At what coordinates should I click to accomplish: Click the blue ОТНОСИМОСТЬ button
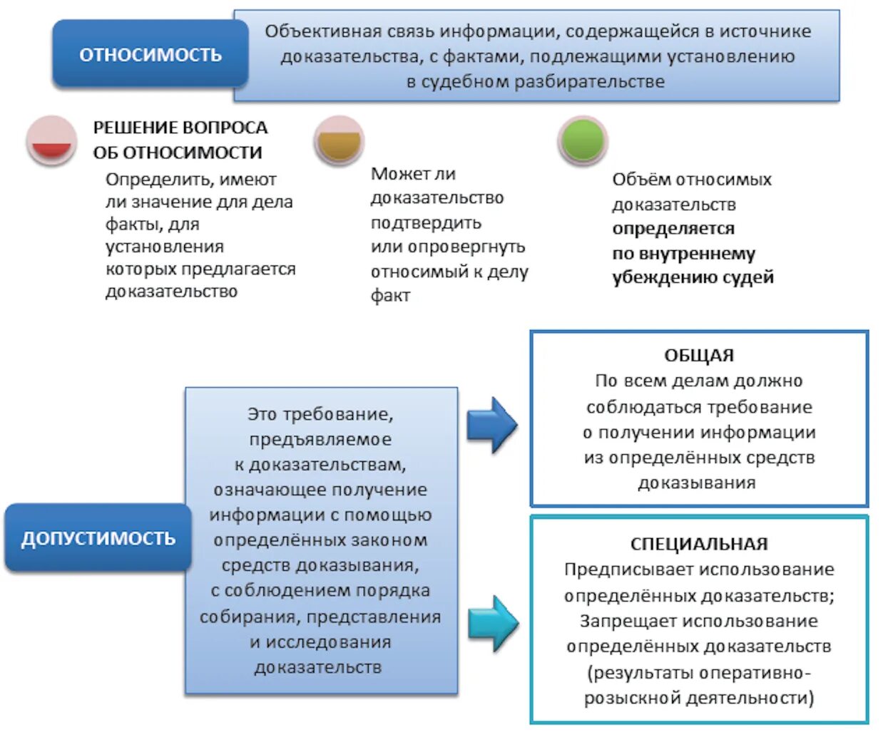150,55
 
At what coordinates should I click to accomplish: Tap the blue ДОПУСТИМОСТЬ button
98,538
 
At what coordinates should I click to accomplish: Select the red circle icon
51,140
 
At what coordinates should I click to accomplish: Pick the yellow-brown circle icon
339,140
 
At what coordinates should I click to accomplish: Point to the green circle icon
583,140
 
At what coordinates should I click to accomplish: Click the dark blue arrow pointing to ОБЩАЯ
491,425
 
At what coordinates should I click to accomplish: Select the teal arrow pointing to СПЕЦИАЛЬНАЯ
493,622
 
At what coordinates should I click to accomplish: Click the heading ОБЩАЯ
699,355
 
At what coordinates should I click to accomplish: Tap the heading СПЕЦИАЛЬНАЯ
699,544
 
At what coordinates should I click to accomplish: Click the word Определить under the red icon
149,179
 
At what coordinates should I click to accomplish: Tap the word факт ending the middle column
390,296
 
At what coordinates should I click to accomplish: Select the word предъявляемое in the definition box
320,439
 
